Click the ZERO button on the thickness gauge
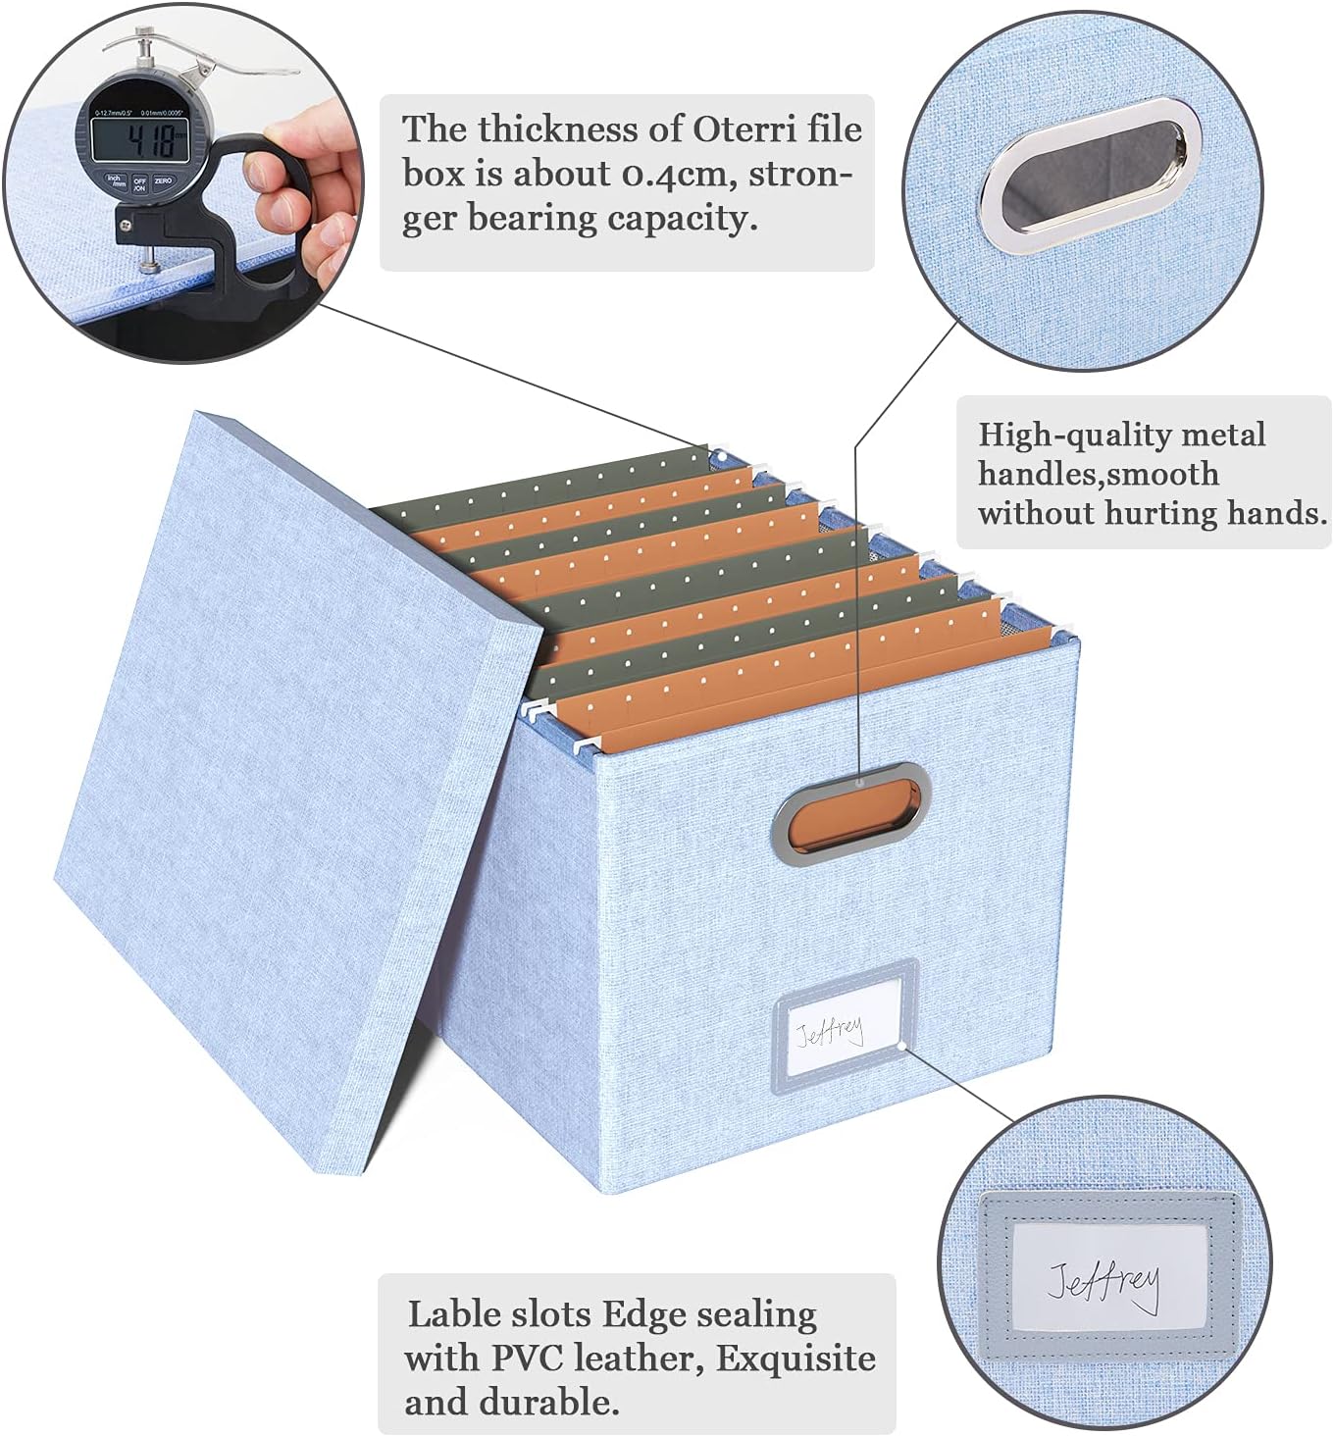(x=163, y=181)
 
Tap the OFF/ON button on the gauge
(x=139, y=183)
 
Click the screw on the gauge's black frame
(x=127, y=224)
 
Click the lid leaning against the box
(x=284, y=785)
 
